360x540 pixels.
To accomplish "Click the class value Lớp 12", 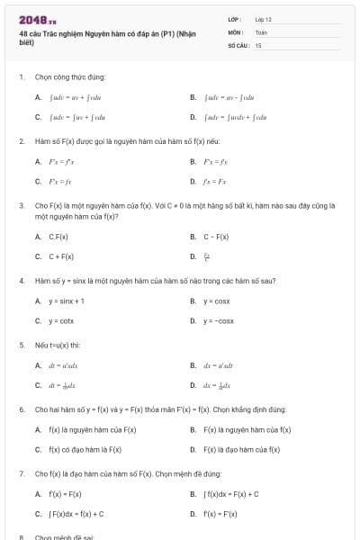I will click(x=263, y=19).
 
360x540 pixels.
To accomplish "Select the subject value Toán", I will click(x=261, y=31).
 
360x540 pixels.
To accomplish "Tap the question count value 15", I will click(x=258, y=45).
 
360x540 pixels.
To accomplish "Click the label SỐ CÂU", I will click(x=237, y=45).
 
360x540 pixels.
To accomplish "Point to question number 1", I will click(x=21, y=77).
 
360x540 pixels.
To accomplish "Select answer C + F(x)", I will click(x=61, y=256).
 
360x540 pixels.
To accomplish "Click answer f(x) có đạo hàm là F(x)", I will click(x=85, y=449).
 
